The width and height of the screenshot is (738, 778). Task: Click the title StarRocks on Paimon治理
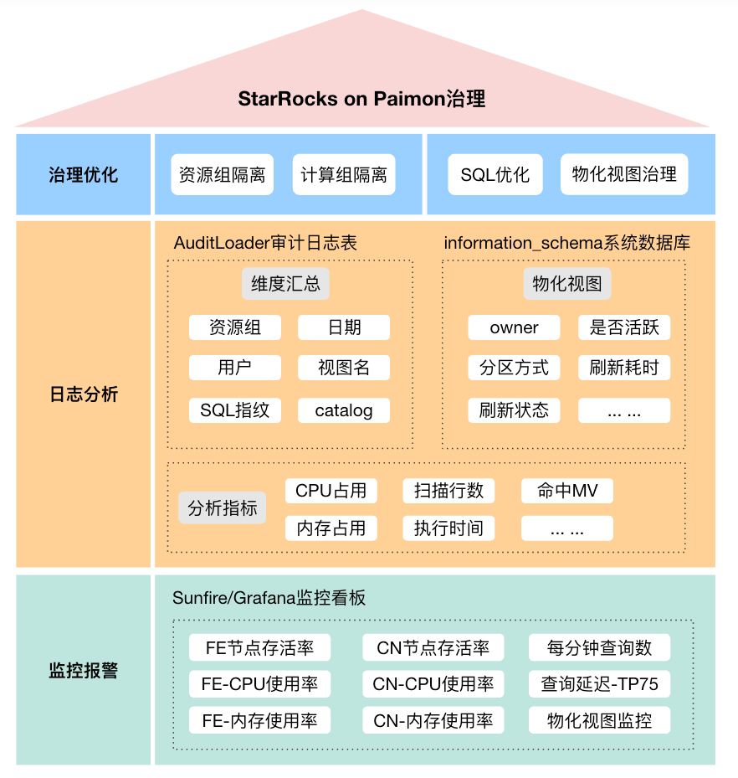click(361, 99)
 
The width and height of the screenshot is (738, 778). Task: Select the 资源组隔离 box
click(222, 175)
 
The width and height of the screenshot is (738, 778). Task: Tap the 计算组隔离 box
click(344, 175)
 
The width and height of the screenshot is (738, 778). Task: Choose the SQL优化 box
click(495, 175)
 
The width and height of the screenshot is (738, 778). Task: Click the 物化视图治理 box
click(624, 175)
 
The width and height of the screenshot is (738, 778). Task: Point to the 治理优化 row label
click(83, 175)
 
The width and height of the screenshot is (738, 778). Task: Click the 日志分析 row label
click(83, 394)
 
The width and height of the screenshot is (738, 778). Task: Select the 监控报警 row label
click(83, 671)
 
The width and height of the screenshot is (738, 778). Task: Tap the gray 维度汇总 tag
click(285, 284)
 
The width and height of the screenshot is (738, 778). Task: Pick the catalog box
click(343, 410)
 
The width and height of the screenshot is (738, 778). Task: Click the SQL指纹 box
click(234, 410)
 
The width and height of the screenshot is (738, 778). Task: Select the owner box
click(514, 327)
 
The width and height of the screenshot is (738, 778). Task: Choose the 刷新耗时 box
click(624, 368)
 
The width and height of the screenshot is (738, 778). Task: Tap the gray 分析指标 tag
click(223, 508)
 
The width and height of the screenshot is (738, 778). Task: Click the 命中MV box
click(567, 491)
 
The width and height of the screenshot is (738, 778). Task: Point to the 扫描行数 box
click(448, 491)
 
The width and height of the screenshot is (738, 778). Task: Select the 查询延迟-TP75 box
click(599, 684)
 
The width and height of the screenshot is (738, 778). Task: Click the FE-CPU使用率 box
click(259, 684)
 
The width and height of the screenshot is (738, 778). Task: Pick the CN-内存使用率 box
click(433, 720)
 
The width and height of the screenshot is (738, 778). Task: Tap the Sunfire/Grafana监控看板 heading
click(269, 598)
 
